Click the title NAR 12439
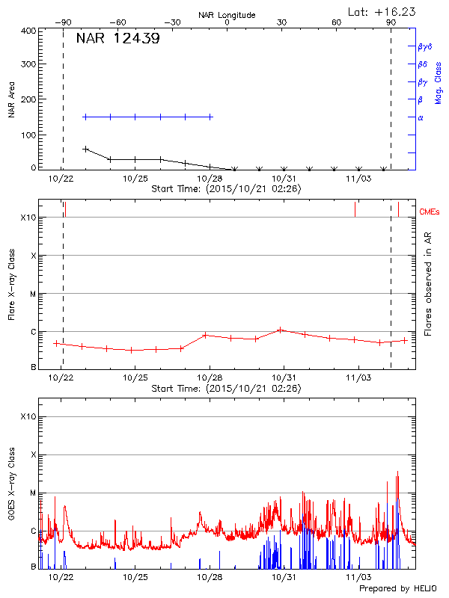(x=117, y=39)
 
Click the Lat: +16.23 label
(x=383, y=11)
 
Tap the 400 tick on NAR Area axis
(x=29, y=31)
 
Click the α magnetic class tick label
(x=421, y=117)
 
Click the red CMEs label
(x=430, y=213)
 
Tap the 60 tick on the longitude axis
(x=337, y=22)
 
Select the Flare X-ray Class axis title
(x=11, y=284)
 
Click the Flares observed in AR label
(x=428, y=284)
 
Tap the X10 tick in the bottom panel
(x=28, y=416)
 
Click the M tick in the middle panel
(x=33, y=294)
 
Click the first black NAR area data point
(x=85, y=149)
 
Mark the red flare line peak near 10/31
(x=280, y=329)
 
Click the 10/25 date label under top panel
(x=135, y=179)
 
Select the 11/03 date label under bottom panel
(x=358, y=577)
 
